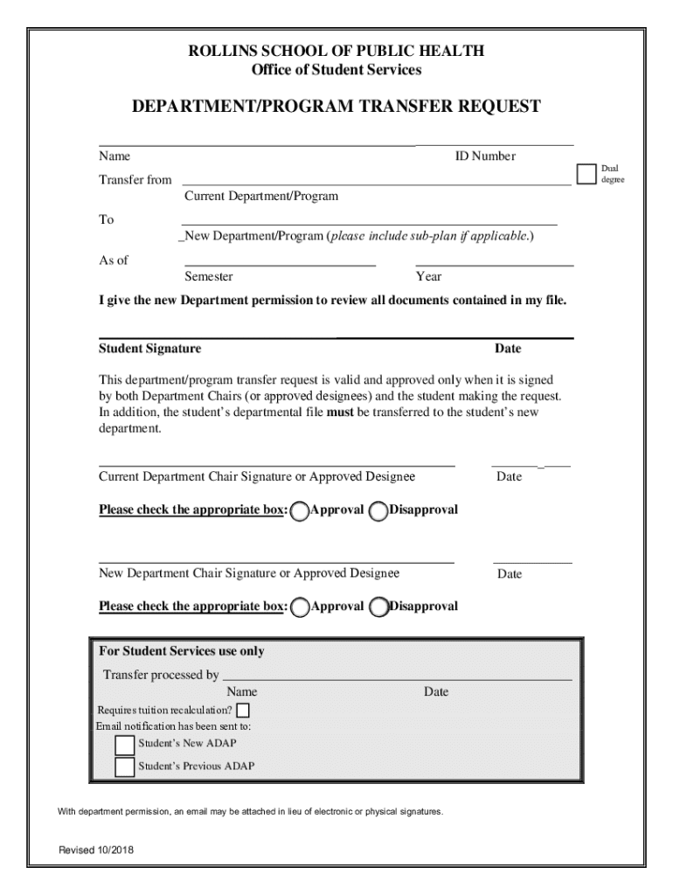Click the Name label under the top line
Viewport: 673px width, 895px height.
114,156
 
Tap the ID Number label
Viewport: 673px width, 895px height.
484,156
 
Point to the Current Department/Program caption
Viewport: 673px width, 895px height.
260,197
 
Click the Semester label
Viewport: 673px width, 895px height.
208,277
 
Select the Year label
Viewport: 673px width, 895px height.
428,277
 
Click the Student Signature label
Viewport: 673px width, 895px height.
149,349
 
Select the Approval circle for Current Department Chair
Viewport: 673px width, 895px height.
299,511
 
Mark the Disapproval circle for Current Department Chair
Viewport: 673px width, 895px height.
378,511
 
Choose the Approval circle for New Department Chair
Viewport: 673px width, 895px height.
299,607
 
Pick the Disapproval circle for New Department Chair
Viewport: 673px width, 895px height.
378,607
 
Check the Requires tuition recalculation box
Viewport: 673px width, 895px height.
243,710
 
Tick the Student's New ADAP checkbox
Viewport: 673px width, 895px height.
125,745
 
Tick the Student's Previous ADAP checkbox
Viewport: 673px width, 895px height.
125,767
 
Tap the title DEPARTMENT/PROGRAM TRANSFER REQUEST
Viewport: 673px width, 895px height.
336,107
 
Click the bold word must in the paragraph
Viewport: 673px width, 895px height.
339,413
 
